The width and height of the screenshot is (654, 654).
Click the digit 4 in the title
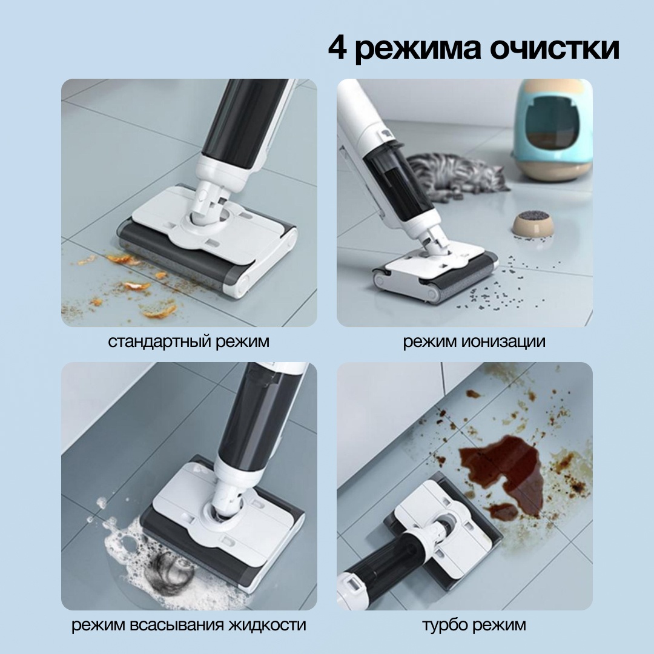[337, 48]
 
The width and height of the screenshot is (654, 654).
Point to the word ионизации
[503, 342]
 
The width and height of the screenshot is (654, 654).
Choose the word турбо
[445, 625]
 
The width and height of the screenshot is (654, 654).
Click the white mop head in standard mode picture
[207, 234]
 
